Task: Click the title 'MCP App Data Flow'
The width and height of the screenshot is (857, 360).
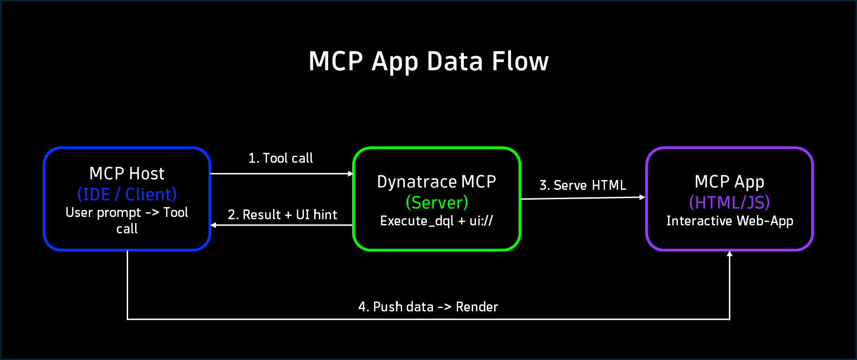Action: point(428,61)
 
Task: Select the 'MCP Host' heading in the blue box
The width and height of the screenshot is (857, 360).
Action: point(127,173)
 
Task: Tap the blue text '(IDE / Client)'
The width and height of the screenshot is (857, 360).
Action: point(127,194)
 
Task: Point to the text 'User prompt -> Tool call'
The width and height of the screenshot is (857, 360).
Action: point(127,220)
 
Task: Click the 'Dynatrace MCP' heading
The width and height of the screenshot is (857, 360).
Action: point(436,181)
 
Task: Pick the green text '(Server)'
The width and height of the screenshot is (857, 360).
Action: point(437,202)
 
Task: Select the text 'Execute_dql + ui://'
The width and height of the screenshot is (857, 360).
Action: point(436,221)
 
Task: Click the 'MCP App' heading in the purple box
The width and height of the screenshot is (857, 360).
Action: point(729,181)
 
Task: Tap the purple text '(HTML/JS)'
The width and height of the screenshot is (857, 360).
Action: point(729,202)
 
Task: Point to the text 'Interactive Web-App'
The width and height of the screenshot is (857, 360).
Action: point(729,221)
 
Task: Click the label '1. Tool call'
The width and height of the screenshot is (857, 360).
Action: point(281,158)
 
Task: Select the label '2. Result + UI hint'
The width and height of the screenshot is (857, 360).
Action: point(282,215)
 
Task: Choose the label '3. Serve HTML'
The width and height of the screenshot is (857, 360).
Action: point(583,185)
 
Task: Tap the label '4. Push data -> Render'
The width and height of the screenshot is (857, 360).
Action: point(428,307)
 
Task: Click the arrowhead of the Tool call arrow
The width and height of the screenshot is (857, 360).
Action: point(351,174)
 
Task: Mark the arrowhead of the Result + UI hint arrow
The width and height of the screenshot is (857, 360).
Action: point(213,225)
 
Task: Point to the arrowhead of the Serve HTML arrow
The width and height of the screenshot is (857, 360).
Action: point(642,197)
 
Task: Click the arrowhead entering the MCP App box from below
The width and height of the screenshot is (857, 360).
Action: point(729,253)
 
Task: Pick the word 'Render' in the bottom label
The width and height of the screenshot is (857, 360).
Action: point(477,307)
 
